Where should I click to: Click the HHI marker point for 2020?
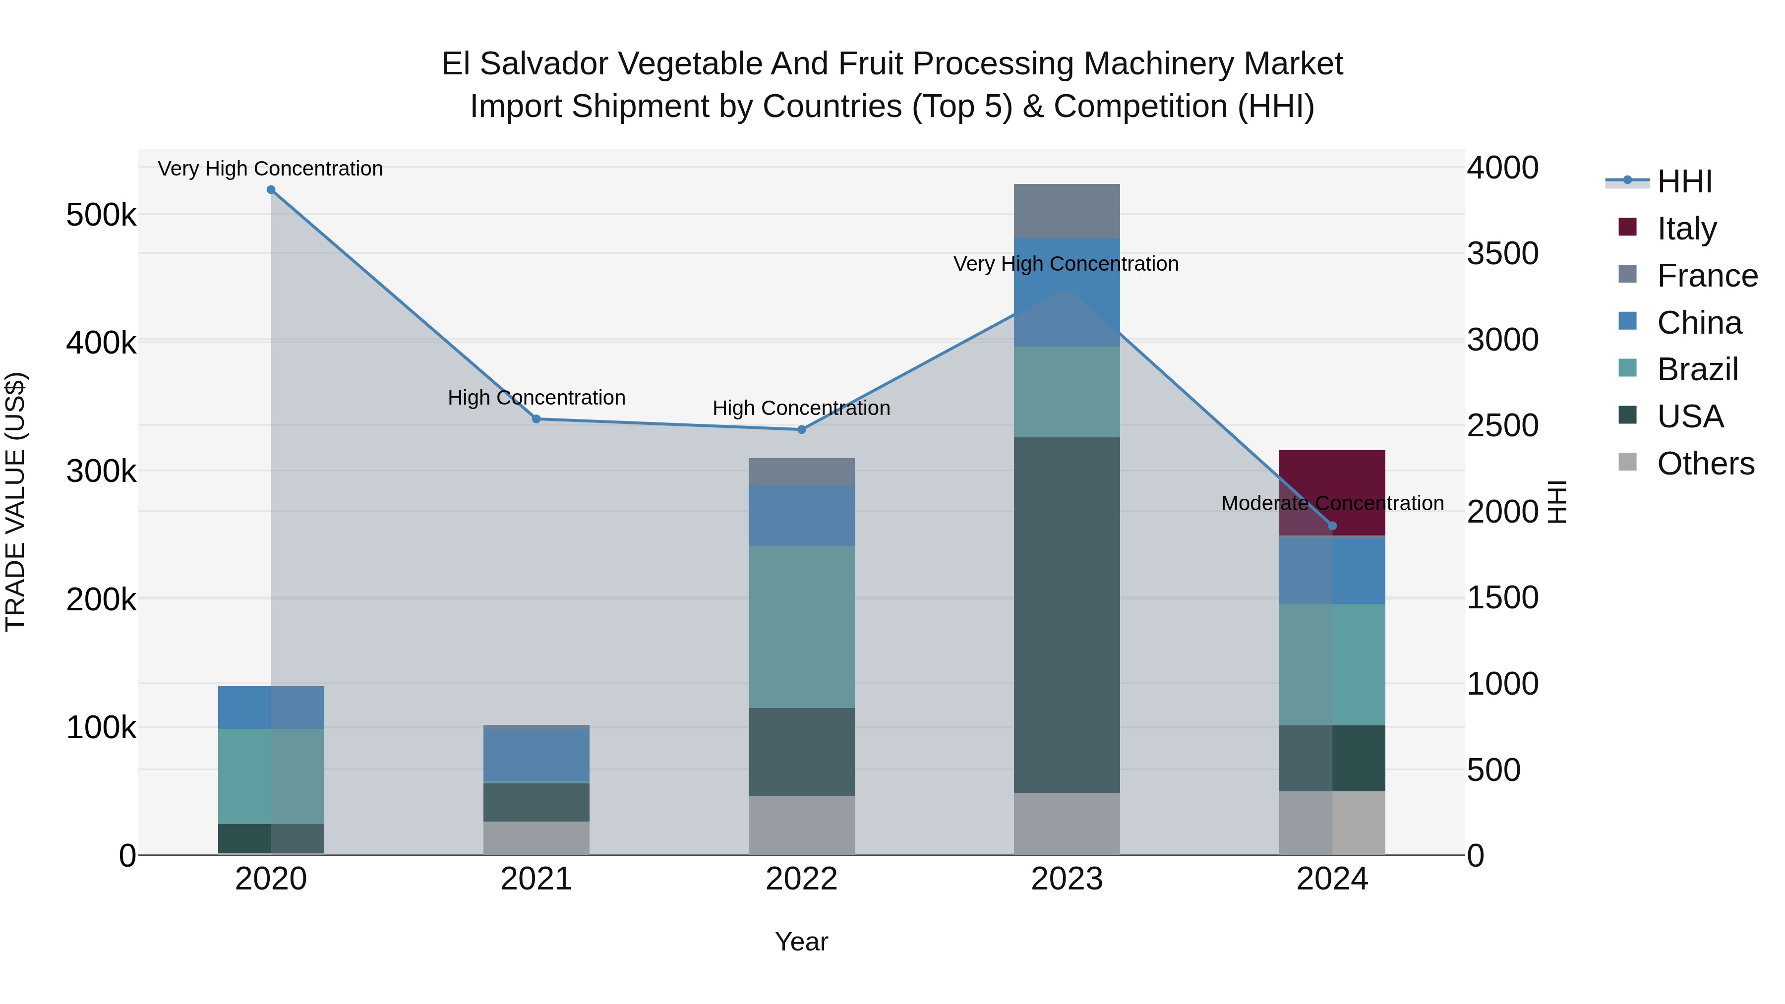[271, 190]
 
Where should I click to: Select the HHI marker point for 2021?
[536, 419]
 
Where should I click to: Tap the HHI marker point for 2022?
[802, 429]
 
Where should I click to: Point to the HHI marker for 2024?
[1332, 526]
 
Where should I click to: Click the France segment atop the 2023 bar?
[1067, 211]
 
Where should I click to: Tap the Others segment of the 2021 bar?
[536, 838]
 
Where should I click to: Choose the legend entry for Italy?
[1686, 229]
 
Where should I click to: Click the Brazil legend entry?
[1697, 369]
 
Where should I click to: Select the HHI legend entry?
[1684, 181]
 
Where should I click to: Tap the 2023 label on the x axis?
[1067, 879]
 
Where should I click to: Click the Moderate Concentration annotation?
[1332, 503]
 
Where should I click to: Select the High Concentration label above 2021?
[536, 398]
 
